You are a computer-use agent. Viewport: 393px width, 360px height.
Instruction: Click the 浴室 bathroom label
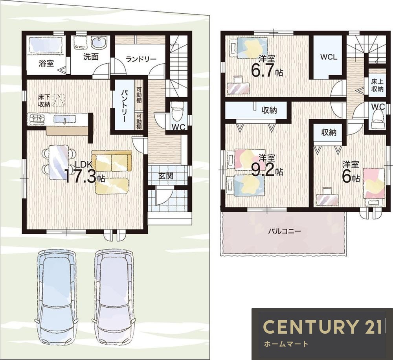pyautogui.click(x=46, y=63)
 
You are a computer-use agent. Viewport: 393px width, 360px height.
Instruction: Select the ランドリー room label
pyautogui.click(x=141, y=59)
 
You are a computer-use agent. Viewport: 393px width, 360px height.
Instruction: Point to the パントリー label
pyautogui.click(x=123, y=106)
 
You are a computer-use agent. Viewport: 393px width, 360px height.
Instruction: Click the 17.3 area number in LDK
pyautogui.click(x=81, y=176)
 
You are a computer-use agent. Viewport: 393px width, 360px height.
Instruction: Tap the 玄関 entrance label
pyautogui.click(x=166, y=176)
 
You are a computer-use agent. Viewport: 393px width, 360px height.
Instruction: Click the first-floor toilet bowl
pyautogui.click(x=178, y=111)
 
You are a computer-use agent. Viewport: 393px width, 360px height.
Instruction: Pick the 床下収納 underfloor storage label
pyautogui.click(x=44, y=101)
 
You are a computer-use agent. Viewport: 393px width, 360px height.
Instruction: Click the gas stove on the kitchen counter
pyautogui.click(x=37, y=119)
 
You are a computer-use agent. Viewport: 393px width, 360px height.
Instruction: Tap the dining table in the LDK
pyautogui.click(x=59, y=162)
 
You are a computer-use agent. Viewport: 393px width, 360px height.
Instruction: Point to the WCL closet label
pyautogui.click(x=329, y=57)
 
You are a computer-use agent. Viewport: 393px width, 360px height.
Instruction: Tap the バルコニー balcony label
pyautogui.click(x=284, y=231)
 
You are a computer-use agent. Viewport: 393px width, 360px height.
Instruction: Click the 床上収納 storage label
pyautogui.click(x=377, y=86)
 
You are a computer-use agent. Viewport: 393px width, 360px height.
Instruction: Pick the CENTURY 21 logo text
pyautogui.click(x=322, y=327)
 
